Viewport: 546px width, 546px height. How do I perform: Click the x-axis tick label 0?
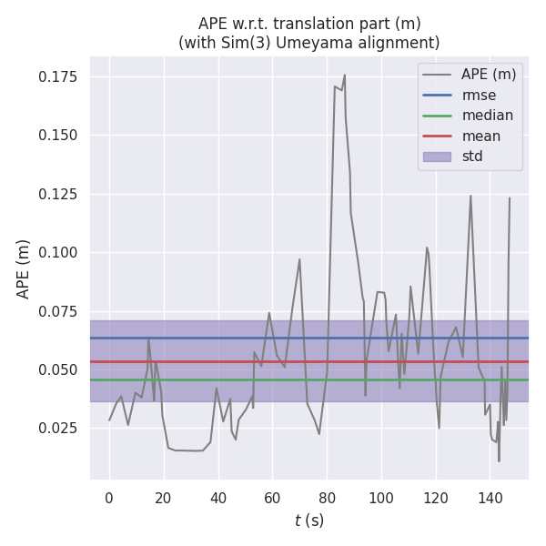tap(109, 498)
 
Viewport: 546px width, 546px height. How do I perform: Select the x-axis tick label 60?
tap(272, 498)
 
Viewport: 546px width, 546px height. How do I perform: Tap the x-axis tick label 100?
tap(381, 498)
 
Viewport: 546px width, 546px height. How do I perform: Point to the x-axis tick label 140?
tap(490, 498)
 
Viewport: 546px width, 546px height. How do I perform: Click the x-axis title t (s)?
tap(309, 521)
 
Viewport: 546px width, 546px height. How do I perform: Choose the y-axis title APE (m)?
tap(24, 268)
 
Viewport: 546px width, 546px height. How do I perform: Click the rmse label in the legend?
tap(479, 95)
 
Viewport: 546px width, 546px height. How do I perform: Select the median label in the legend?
tap(487, 116)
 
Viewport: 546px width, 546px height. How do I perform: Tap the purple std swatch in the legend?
tap(437, 157)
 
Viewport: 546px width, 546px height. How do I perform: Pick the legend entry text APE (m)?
tap(489, 74)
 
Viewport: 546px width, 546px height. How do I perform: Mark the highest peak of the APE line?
tap(345, 75)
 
